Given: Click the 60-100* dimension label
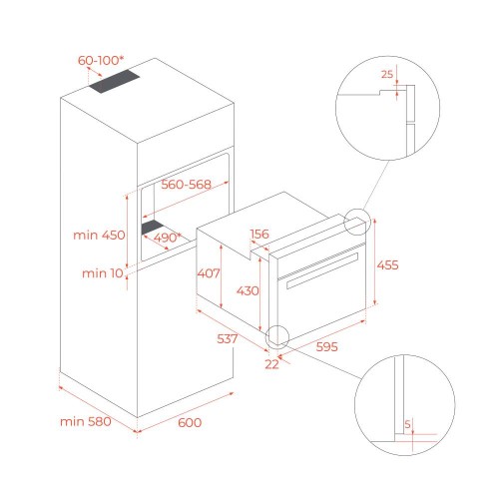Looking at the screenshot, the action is pos(101,61).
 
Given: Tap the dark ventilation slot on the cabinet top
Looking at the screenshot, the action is pos(114,82).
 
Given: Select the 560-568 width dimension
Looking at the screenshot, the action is pos(186,185).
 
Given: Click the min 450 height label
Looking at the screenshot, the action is pos(99,235).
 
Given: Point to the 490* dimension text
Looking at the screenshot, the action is pos(168,238).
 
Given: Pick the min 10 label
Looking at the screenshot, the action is pos(103,273).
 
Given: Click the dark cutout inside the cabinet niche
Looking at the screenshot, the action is pos(152,228).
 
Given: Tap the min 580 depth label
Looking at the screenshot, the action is pos(86,422).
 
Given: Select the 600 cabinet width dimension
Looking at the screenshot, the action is pos(190,422).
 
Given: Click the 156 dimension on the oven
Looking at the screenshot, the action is pos(259,234).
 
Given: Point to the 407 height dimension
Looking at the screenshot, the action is pos(209,273).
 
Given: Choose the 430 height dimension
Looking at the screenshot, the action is pos(248,290).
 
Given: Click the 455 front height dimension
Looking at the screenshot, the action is pos(387,265).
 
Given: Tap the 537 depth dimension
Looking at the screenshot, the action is pos(228,338).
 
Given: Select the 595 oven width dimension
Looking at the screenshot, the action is pos(326,346).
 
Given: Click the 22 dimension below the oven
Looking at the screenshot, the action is pos(271,364).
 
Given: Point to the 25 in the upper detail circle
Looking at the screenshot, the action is pos(387,74).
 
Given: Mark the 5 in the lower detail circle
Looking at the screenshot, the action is pos(407,424).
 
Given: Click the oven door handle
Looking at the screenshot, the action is pos(322,270).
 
